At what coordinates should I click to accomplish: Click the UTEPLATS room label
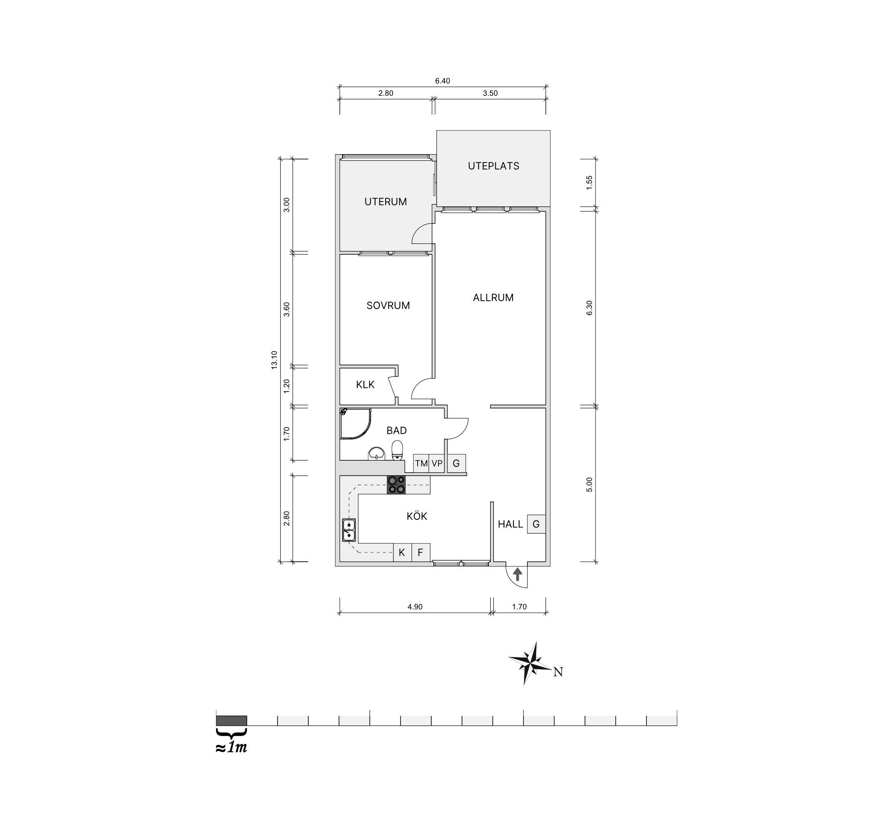[493, 166]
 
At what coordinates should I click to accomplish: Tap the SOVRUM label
[388, 306]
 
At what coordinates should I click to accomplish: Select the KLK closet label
[365, 385]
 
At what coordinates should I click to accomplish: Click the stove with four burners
[397, 484]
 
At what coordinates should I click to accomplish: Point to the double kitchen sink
[349, 530]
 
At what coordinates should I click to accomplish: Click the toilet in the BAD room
[397, 450]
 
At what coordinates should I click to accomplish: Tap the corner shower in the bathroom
[355, 423]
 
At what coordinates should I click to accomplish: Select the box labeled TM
[421, 463]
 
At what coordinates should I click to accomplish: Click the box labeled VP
[437, 463]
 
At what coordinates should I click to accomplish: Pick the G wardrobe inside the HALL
[536, 523]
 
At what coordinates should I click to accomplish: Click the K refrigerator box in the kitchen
[402, 552]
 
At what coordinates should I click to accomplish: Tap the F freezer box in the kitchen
[420, 552]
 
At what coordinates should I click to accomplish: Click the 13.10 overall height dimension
[274, 360]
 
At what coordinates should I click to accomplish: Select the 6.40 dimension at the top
[442, 81]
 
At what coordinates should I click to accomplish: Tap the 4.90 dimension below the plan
[415, 606]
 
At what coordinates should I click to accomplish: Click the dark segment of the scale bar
[231, 721]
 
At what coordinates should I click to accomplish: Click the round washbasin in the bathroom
[376, 454]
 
